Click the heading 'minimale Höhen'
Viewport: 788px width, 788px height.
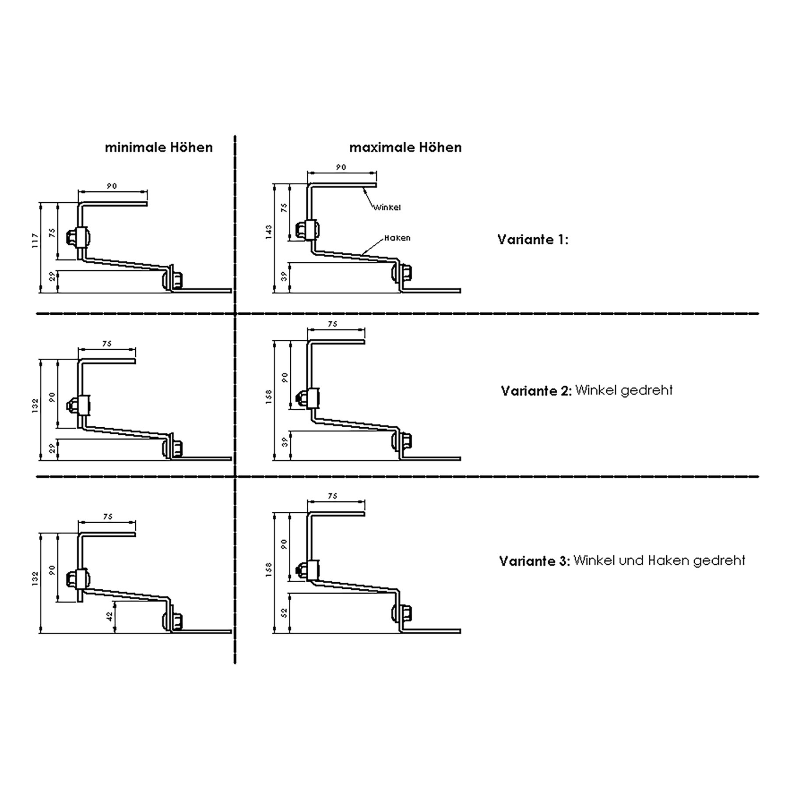(x=158, y=148)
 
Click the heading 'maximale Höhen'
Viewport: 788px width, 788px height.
(x=405, y=148)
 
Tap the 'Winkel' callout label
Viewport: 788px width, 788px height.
(x=387, y=208)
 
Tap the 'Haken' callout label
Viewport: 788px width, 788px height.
(x=398, y=238)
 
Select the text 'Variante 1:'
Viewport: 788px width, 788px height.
(x=532, y=239)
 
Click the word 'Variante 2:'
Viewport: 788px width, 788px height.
(x=536, y=391)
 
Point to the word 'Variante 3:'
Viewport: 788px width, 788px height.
(x=535, y=561)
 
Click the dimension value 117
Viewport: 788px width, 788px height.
(x=35, y=241)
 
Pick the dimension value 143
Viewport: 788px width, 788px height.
(x=269, y=232)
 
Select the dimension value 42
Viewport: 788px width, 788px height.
(x=109, y=616)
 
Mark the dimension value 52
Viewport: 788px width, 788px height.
(x=285, y=613)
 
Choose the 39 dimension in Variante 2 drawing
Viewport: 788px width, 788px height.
(x=285, y=442)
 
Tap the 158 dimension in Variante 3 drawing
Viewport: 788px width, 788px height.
(x=269, y=569)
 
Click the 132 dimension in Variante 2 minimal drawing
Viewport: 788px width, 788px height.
(x=35, y=405)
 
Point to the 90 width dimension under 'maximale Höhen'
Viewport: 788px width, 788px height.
(x=341, y=167)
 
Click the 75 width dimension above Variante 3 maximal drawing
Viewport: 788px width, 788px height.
(x=333, y=496)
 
